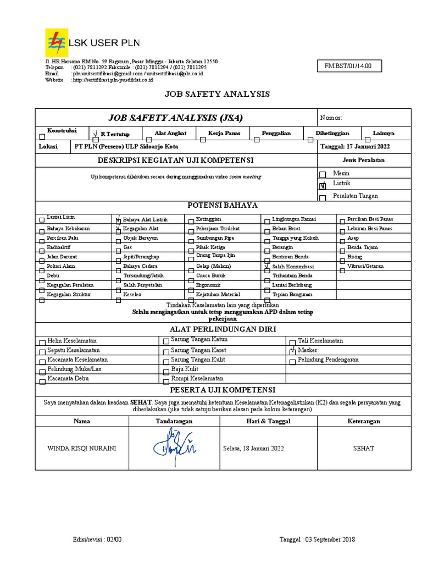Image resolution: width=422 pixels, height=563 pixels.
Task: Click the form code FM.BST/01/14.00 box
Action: (348, 67)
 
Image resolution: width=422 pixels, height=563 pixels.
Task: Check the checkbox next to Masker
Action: (292, 351)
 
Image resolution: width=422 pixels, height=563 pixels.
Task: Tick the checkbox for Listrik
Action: (323, 186)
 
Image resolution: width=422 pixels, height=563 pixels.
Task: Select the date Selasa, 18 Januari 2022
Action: (253, 448)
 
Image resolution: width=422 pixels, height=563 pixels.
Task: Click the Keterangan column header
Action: (363, 421)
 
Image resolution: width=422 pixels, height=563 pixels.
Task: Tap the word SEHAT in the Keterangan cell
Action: (363, 448)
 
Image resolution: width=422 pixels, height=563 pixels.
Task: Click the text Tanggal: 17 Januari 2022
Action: (355, 147)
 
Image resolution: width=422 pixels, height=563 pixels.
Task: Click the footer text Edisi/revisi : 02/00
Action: (97, 539)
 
